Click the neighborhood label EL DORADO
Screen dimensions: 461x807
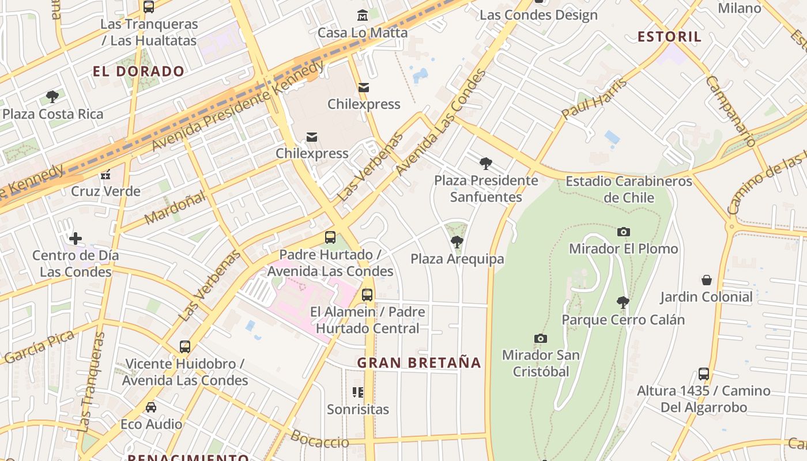(x=138, y=71)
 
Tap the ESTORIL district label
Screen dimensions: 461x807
(x=669, y=37)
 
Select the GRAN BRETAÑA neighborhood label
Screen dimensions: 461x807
(x=418, y=362)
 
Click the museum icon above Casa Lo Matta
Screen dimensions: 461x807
(x=363, y=15)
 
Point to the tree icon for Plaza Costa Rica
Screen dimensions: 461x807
(x=52, y=97)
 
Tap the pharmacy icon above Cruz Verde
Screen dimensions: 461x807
(x=105, y=174)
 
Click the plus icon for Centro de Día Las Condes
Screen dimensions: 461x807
(x=76, y=238)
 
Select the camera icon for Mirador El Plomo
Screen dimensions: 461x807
(x=623, y=232)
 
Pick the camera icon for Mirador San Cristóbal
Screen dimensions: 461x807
(x=540, y=338)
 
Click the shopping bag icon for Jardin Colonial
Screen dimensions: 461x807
(x=706, y=280)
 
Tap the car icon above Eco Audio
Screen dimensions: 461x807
(x=150, y=407)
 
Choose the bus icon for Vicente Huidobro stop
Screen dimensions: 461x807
(x=184, y=347)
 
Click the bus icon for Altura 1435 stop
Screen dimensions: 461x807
(x=703, y=373)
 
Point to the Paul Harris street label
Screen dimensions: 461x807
(x=594, y=98)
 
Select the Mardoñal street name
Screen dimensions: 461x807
(x=175, y=209)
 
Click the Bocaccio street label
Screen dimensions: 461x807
(x=319, y=439)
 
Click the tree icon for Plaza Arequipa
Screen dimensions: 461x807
(x=457, y=241)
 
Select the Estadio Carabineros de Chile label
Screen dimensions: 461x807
(x=628, y=190)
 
